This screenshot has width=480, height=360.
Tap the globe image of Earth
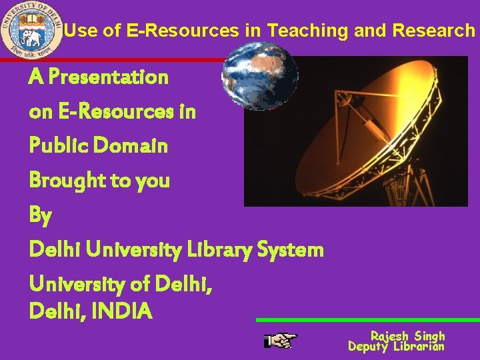259,75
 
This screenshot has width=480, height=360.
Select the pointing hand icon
280,341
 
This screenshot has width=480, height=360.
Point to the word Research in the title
433,31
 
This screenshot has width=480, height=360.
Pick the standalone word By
40,215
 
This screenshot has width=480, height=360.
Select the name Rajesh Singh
407,335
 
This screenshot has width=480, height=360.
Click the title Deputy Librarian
396,346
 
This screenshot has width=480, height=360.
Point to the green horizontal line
367,320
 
